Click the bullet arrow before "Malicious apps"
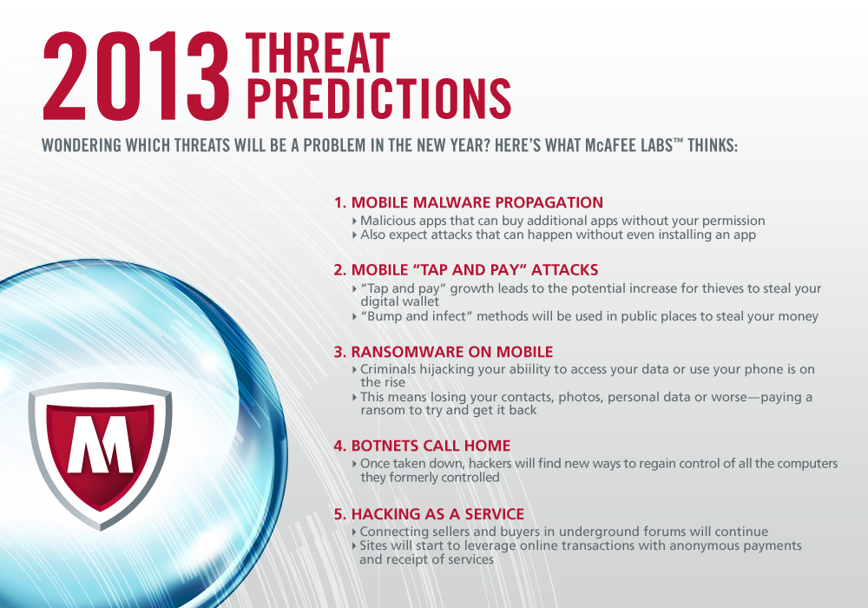click(355, 221)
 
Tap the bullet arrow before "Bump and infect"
click(355, 317)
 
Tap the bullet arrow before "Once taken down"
click(355, 464)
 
